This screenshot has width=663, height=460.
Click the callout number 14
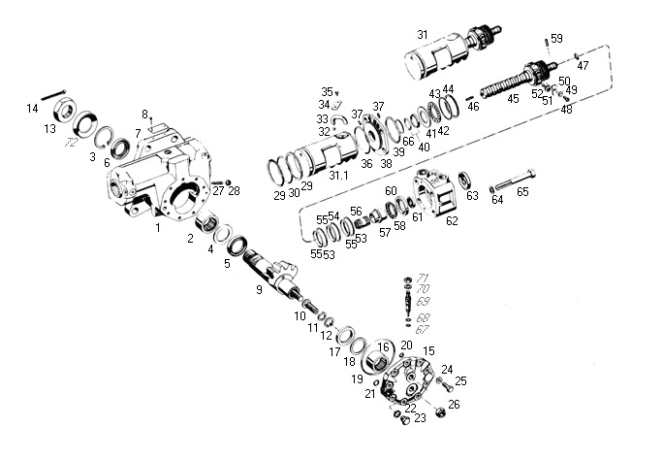coord(32,109)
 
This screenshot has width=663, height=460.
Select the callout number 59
coord(555,39)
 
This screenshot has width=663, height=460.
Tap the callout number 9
coord(259,289)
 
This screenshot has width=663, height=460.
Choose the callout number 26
coord(454,404)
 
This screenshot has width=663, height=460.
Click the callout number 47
coord(583,65)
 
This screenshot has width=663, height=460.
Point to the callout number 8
coord(145,115)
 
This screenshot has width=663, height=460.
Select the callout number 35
coord(327,91)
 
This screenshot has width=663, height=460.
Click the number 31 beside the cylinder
coord(422,35)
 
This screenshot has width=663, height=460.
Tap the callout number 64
coord(497,201)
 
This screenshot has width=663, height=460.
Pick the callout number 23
coord(419,419)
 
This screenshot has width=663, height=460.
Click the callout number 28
coord(234,191)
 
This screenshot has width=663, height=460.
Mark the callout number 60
coord(391,191)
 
